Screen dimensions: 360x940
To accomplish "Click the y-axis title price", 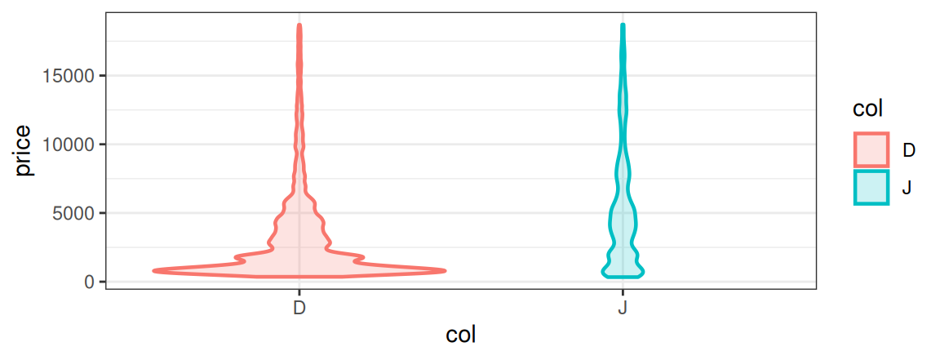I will [23, 150].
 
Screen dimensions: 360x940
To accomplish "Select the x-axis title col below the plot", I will [461, 336].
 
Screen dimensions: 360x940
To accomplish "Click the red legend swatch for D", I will [871, 149].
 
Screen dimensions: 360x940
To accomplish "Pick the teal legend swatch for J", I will [871, 187].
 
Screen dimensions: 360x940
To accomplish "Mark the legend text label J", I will [907, 187].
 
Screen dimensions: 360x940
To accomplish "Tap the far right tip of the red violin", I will [445, 270].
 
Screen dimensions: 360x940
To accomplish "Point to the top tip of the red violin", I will [299, 25].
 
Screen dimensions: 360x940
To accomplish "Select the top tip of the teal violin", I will [623, 25].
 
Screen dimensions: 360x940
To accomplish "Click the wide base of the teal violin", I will [623, 271].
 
